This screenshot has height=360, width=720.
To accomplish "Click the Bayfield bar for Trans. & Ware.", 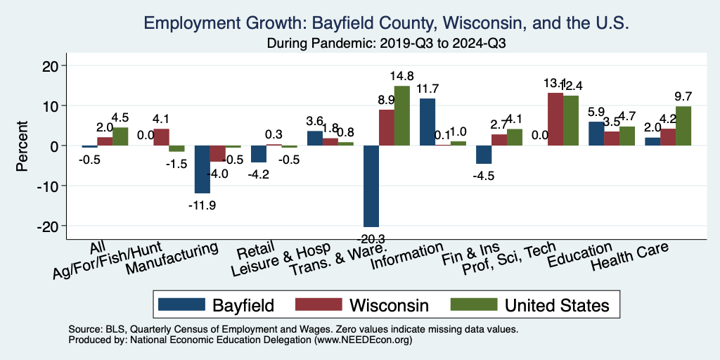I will (x=371, y=186).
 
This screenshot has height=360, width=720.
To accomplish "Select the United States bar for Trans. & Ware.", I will (x=401, y=116).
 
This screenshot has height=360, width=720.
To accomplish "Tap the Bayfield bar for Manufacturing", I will (x=202, y=169).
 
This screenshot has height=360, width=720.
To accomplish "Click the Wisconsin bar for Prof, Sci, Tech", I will (x=555, y=120).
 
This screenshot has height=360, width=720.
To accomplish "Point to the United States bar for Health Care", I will (x=682, y=126).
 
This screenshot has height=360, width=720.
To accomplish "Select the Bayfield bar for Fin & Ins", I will (x=484, y=155).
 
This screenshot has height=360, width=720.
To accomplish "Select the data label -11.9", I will (x=202, y=205).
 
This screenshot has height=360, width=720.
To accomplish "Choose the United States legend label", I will (x=555, y=304).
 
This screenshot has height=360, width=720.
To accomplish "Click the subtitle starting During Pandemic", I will (x=387, y=44).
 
